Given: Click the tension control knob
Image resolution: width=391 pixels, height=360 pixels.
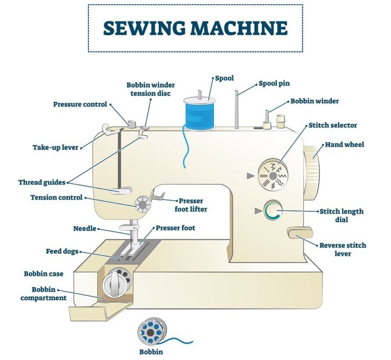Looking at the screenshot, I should (x=143, y=205).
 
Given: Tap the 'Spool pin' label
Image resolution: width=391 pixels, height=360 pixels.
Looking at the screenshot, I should (x=274, y=83).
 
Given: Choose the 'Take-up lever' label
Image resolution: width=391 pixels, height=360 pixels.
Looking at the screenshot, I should (x=55, y=148).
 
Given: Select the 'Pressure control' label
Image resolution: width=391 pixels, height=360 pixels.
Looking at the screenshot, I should (x=80, y=104).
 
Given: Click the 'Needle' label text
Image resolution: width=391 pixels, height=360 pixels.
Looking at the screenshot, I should (x=85, y=229).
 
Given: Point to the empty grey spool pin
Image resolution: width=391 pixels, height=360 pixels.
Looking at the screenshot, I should (x=236, y=110).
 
